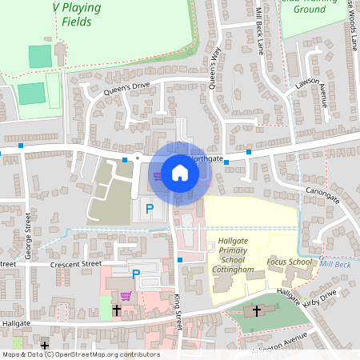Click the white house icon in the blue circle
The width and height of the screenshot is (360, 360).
(180, 173)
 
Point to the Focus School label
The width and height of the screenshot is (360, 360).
(289, 262)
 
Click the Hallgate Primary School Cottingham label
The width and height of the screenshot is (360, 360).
(234, 255)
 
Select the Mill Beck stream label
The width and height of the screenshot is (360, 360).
(336, 262)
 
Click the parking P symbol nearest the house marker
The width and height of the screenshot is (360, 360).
(149, 209)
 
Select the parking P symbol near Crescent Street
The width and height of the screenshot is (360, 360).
(136, 274)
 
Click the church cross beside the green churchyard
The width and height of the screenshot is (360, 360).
(257, 310)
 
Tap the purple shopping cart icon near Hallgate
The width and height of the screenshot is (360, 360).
(126, 295)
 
